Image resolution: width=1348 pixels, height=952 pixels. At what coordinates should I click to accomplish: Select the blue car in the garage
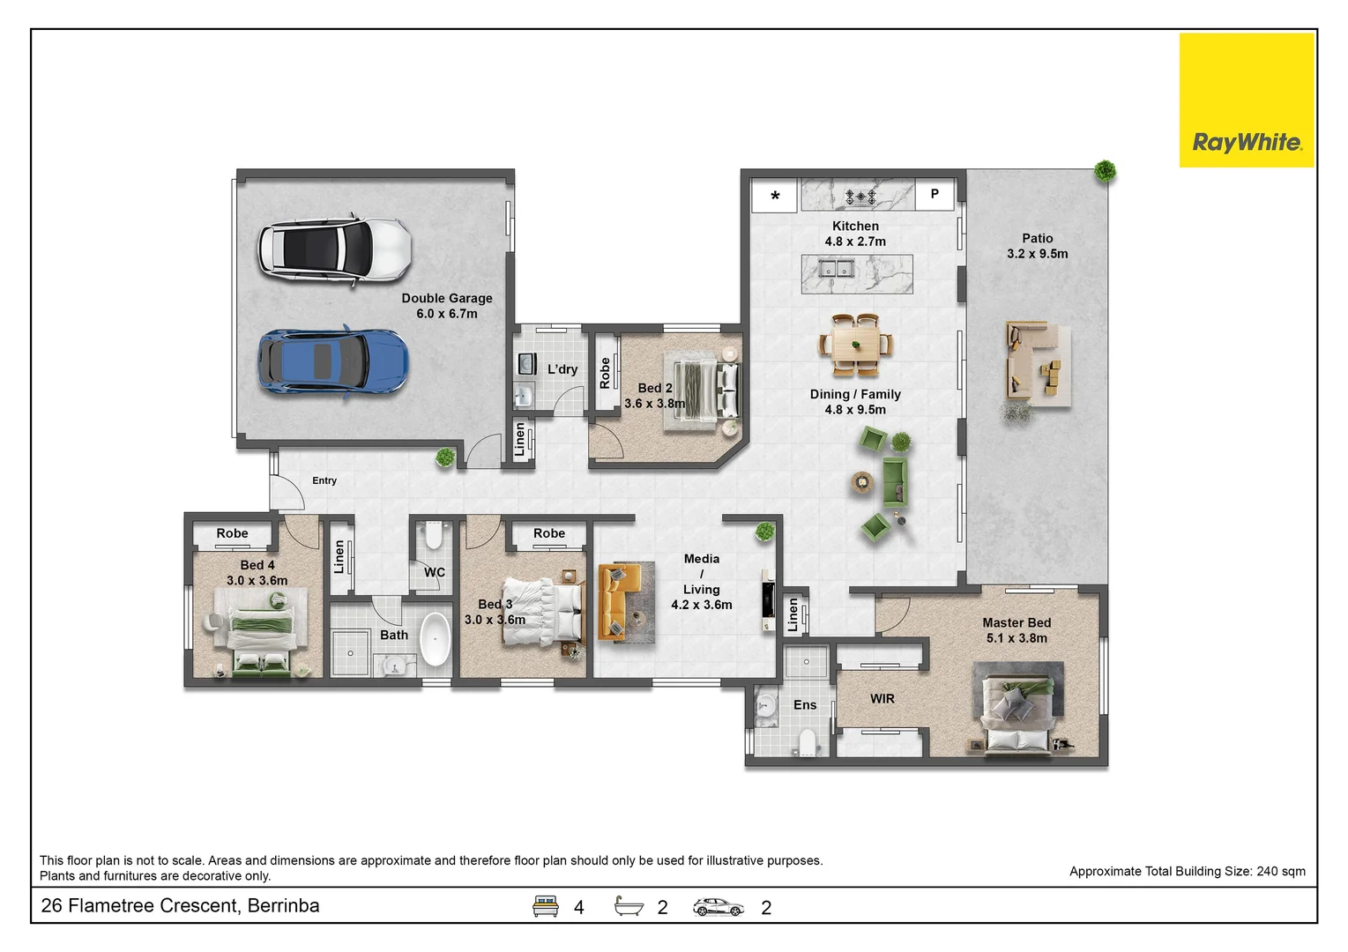click(x=332, y=362)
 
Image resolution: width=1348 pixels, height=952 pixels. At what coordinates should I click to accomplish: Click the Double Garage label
click(x=447, y=306)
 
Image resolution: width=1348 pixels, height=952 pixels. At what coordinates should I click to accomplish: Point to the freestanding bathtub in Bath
click(x=435, y=638)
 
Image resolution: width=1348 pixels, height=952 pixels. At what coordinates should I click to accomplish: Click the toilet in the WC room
click(x=433, y=536)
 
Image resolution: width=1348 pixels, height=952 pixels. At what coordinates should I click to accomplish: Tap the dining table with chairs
click(x=855, y=343)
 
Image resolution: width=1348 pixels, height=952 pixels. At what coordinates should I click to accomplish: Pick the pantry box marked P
click(x=935, y=194)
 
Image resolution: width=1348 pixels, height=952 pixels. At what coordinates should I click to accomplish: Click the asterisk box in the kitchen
click(x=775, y=196)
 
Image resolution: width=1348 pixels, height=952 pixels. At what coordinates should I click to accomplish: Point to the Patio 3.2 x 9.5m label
click(x=1037, y=246)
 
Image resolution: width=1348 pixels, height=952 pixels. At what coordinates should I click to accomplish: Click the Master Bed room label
click(x=1017, y=629)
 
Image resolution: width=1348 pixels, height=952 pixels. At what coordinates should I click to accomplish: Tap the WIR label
click(x=882, y=698)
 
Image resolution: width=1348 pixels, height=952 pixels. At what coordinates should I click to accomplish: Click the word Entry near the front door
click(x=324, y=480)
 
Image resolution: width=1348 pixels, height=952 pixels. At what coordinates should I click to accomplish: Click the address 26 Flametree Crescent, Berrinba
click(x=181, y=906)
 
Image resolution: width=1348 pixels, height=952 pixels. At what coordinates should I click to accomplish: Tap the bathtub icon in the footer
click(x=629, y=906)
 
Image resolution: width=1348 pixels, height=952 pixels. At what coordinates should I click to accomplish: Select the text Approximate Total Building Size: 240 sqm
click(x=1187, y=871)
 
